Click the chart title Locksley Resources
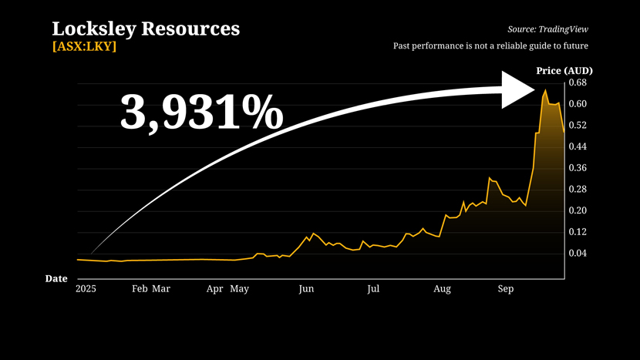(x=146, y=29)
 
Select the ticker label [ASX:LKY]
(x=84, y=46)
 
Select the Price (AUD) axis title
(x=564, y=71)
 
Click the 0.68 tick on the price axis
(x=578, y=82)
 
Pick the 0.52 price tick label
(x=578, y=125)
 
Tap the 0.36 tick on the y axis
(x=578, y=168)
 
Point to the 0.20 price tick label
(x=578, y=210)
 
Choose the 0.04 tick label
(x=578, y=253)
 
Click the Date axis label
(x=56, y=278)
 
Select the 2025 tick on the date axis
(x=86, y=289)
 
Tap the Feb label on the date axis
(x=140, y=289)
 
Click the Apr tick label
(x=215, y=289)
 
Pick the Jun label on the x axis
(x=306, y=289)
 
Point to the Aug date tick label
(x=442, y=289)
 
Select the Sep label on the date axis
(x=505, y=289)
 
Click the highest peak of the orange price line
(x=545, y=90)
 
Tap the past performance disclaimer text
(x=496, y=46)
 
